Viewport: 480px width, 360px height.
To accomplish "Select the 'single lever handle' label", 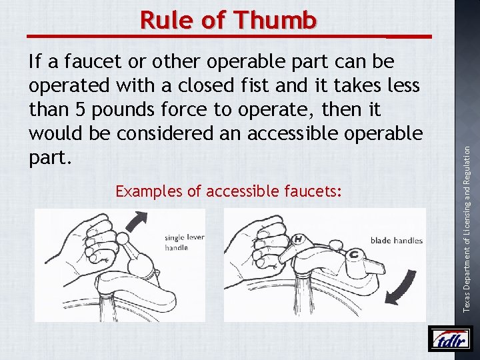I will click(x=184, y=243).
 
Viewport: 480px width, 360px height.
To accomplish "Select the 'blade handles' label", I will click(x=396, y=241).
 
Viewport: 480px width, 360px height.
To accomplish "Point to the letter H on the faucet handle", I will click(x=297, y=239).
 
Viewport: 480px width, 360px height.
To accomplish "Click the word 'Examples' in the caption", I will click(x=149, y=192).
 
